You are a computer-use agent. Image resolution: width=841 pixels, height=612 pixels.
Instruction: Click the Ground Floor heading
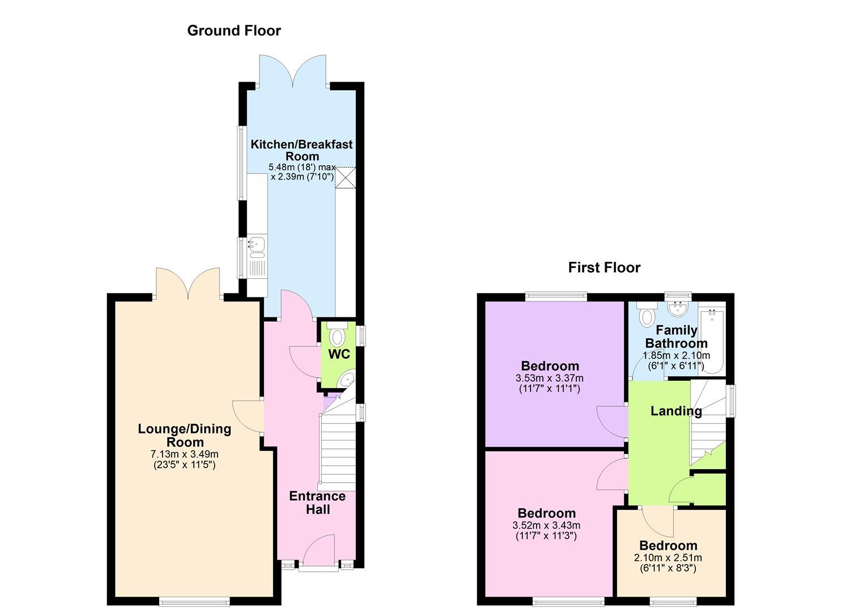click(234, 31)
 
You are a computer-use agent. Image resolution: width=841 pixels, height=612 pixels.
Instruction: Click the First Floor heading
click(604, 267)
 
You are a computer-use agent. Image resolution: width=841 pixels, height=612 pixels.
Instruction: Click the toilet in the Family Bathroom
click(647, 314)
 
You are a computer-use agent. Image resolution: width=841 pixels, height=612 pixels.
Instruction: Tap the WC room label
click(339, 354)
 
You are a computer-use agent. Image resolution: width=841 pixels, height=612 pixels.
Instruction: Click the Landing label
click(676, 411)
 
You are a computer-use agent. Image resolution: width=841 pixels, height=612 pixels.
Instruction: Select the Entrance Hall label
click(317, 503)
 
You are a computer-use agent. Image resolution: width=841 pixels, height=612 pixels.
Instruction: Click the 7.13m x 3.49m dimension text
click(185, 454)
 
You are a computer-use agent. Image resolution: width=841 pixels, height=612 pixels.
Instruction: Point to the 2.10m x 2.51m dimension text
click(668, 558)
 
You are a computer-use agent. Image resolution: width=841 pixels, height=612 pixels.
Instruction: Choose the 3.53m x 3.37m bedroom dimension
click(550, 378)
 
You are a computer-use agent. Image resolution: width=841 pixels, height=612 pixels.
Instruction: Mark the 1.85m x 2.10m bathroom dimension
click(677, 355)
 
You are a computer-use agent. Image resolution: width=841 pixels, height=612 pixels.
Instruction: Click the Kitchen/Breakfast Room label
click(302, 150)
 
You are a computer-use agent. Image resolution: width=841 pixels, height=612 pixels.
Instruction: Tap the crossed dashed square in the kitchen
click(345, 177)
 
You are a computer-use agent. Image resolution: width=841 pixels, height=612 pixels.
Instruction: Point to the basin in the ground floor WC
click(346, 379)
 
